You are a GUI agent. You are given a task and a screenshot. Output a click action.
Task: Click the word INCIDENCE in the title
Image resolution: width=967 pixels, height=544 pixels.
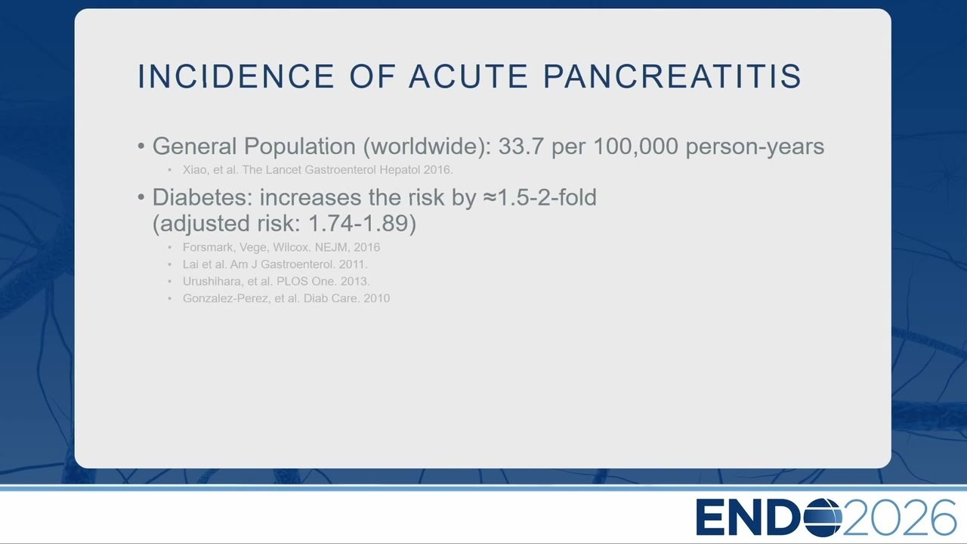tap(236, 76)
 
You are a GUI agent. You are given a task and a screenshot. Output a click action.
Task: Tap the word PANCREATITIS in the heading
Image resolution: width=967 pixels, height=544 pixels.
tap(672, 76)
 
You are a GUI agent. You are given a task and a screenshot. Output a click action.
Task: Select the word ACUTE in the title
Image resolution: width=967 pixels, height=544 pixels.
tap(468, 76)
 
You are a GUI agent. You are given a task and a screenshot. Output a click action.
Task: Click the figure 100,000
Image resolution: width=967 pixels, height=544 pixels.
tap(635, 146)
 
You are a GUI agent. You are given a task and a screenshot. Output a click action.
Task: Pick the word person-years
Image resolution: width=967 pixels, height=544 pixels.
tap(755, 147)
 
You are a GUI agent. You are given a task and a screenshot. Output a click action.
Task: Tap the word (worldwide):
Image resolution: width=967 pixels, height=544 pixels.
tap(427, 147)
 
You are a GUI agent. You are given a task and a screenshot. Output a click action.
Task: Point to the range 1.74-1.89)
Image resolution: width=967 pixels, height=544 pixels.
tap(362, 223)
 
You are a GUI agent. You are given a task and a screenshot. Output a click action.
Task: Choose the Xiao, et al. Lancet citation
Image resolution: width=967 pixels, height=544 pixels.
tap(318, 170)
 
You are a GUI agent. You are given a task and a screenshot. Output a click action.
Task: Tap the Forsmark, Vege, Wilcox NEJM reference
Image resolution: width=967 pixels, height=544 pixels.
tap(281, 247)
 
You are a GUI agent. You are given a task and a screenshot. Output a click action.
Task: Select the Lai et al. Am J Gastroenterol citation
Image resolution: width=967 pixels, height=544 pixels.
tap(275, 264)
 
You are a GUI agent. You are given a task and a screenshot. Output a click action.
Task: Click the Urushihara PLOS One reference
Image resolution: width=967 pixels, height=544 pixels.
tap(276, 282)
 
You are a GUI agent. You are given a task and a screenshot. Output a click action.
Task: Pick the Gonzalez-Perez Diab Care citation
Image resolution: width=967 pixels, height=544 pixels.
tap(286, 298)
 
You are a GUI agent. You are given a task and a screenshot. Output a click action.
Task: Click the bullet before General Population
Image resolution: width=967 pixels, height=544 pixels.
tap(141, 147)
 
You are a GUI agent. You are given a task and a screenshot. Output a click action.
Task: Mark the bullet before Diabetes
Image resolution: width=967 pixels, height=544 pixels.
tap(141, 198)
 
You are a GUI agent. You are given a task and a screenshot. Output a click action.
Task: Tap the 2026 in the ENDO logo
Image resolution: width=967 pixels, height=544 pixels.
tap(899, 518)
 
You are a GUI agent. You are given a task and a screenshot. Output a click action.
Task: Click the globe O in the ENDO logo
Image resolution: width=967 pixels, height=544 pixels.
tap(823, 518)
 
